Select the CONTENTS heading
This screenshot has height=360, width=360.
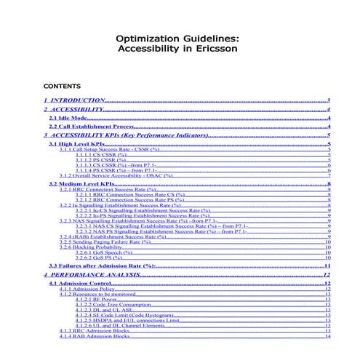pyautogui.click(x=63, y=85)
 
